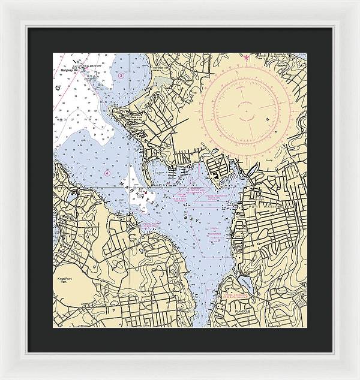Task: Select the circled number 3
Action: pyautogui.click(x=121, y=76)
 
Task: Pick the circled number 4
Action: pyautogui.click(x=107, y=173)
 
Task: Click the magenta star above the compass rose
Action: pyautogui.click(x=245, y=58)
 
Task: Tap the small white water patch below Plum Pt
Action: pyautogui.click(x=144, y=201)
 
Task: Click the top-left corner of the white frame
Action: pyautogui.click(x=2, y=2)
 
